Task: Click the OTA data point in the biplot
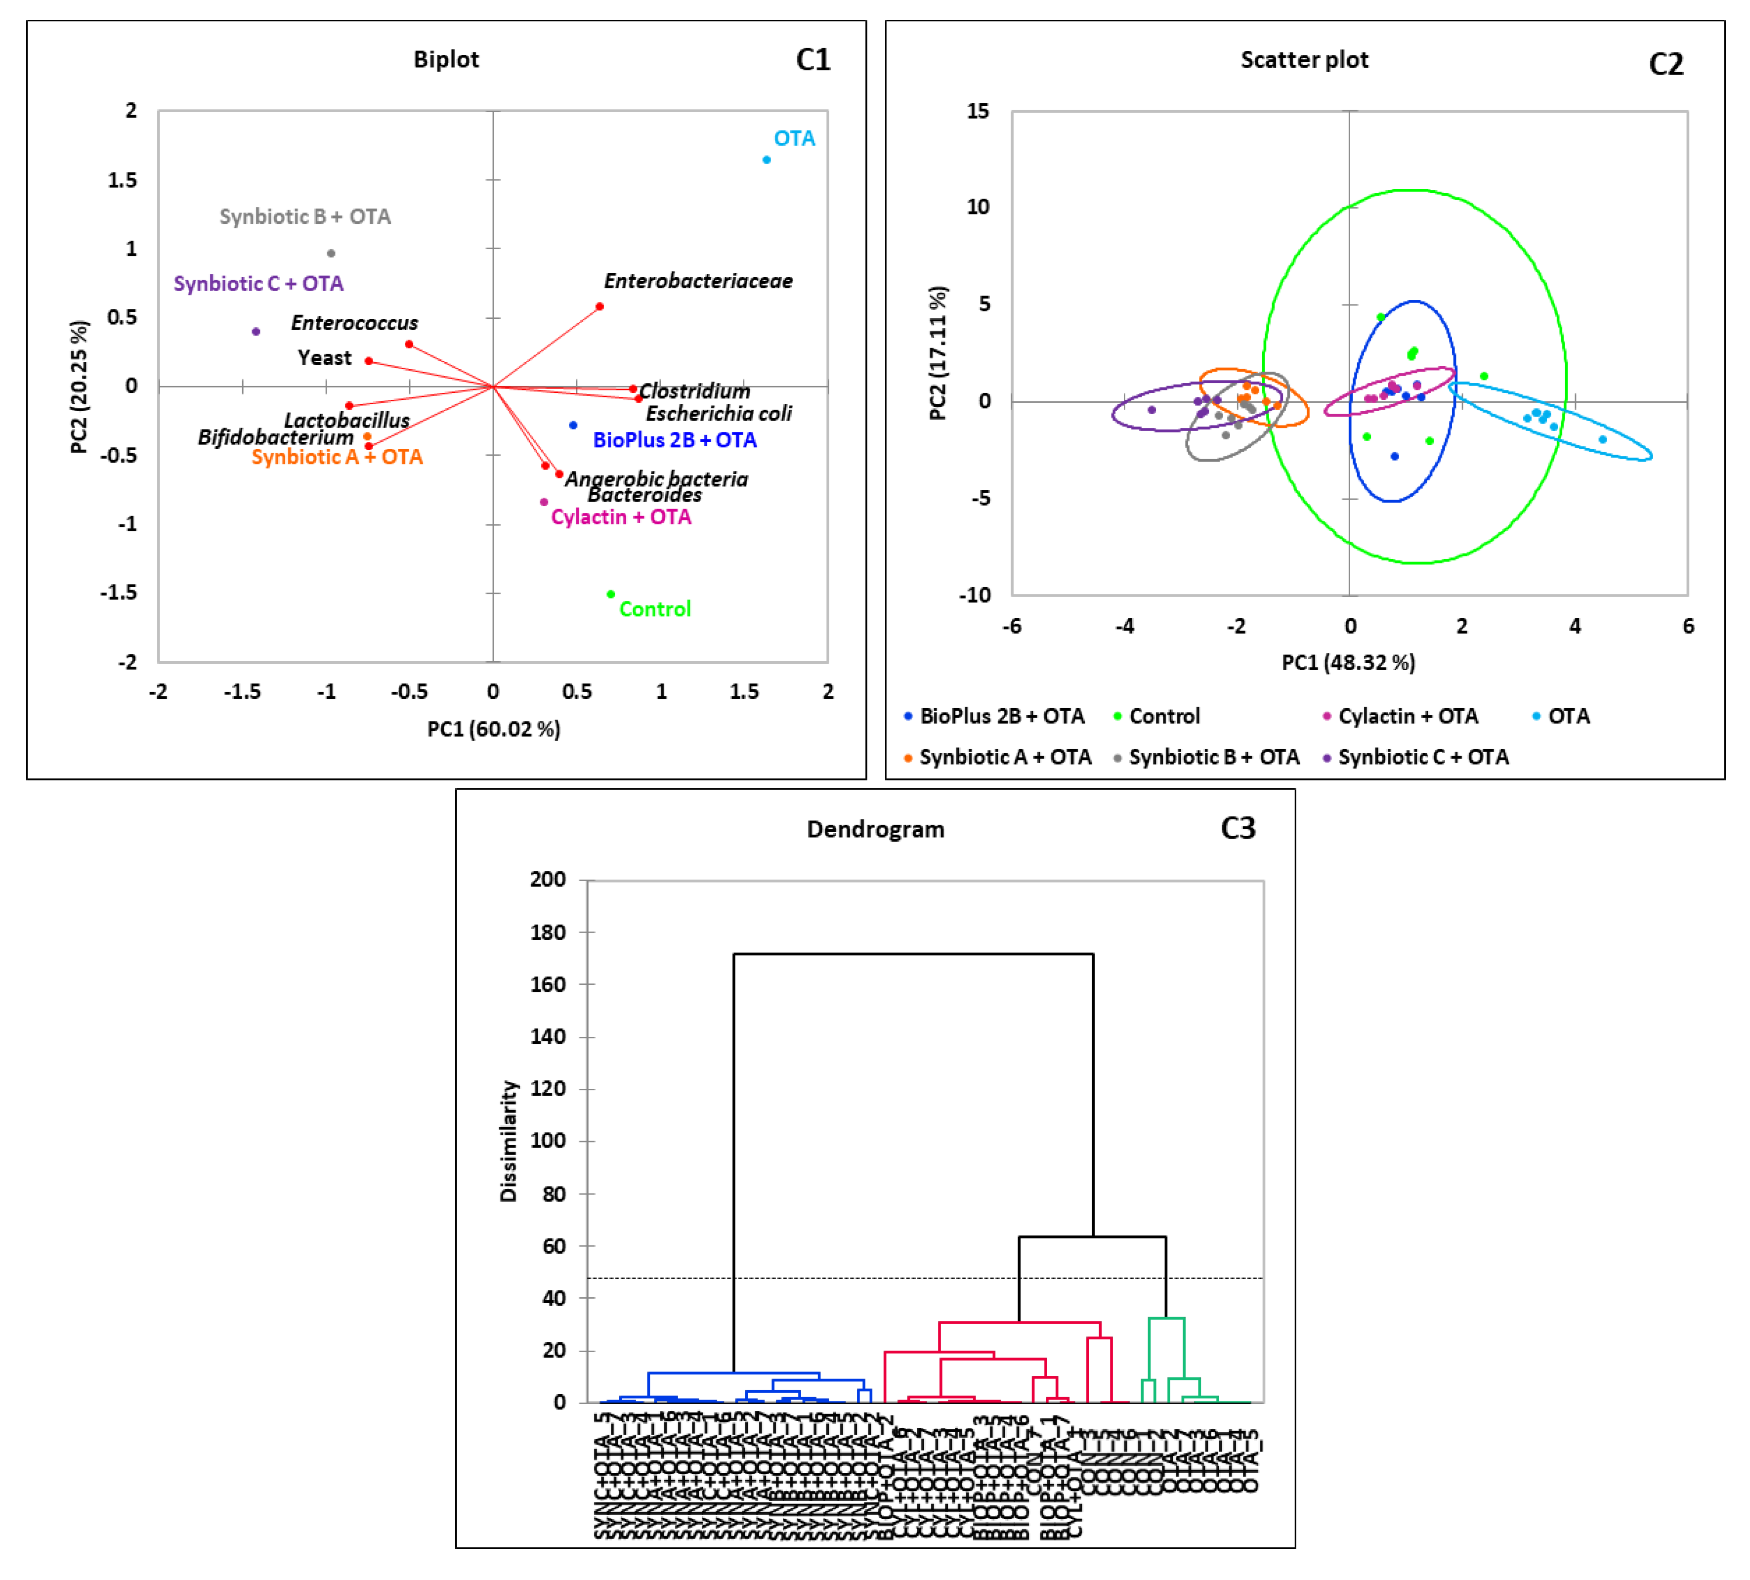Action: pyautogui.click(x=767, y=160)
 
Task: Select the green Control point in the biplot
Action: pyautogui.click(x=611, y=595)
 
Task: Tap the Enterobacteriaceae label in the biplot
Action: pyautogui.click(x=698, y=281)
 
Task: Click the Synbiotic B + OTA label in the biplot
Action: pyautogui.click(x=305, y=217)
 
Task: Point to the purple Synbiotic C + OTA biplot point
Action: pyautogui.click(x=256, y=332)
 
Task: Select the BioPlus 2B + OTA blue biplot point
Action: pyautogui.click(x=573, y=426)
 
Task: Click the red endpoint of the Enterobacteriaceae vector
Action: pyautogui.click(x=600, y=306)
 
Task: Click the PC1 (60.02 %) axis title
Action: pyautogui.click(x=493, y=729)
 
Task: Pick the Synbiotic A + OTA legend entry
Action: pyautogui.click(x=1004, y=757)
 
